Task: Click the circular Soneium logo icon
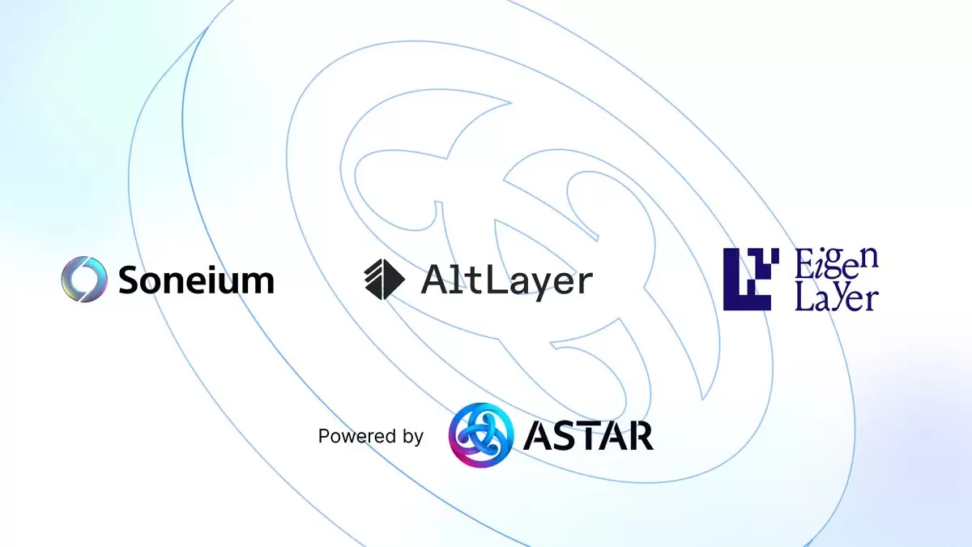click(83, 279)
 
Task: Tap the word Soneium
click(196, 280)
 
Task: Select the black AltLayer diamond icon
click(385, 279)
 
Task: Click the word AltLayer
click(507, 281)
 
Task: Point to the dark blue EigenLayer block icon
click(751, 279)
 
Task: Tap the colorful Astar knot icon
click(481, 435)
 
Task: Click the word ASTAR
click(588, 435)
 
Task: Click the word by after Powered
click(412, 437)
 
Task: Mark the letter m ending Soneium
click(258, 283)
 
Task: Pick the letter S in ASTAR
click(566, 435)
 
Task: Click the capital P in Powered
click(324, 435)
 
